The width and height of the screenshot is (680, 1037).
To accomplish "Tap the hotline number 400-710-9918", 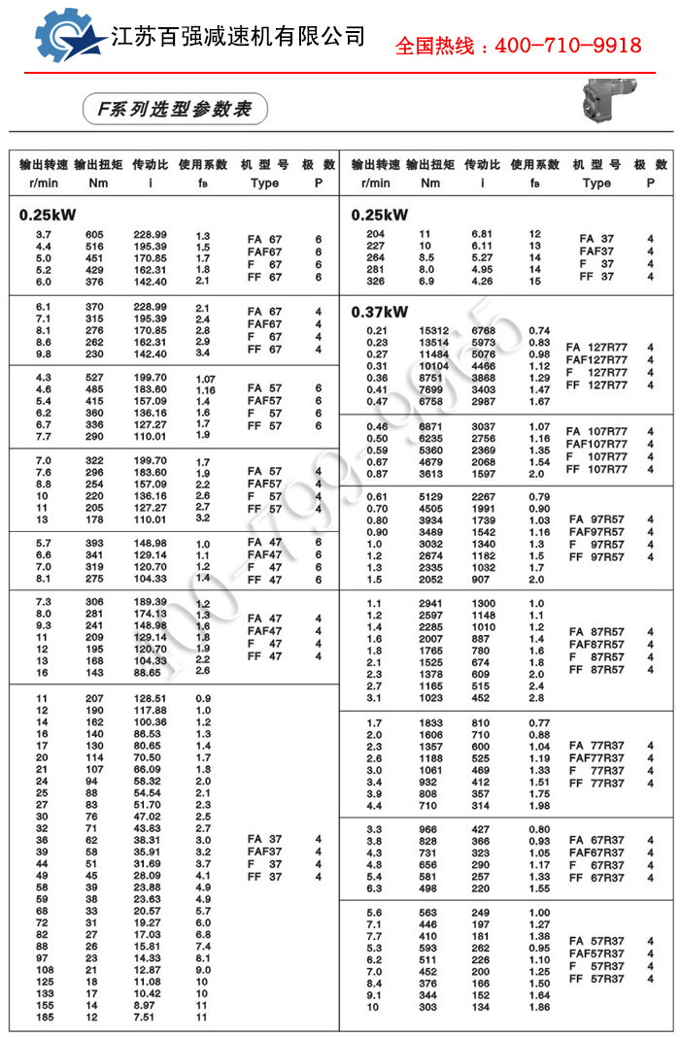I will [518, 45].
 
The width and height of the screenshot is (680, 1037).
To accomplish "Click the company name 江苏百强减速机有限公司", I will [237, 38].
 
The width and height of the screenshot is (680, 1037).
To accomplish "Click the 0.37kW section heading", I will [380, 312].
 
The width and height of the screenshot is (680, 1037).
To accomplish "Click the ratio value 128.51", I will [150, 698].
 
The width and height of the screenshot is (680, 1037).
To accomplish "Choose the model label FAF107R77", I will [596, 445].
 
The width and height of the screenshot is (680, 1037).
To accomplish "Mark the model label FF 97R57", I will [596, 557].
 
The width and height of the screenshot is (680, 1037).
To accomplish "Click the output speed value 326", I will [375, 282].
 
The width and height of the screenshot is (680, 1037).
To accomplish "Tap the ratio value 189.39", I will [150, 602].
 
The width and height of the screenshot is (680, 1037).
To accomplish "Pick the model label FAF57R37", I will [596, 953].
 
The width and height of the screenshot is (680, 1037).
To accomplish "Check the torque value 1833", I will [430, 723].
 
